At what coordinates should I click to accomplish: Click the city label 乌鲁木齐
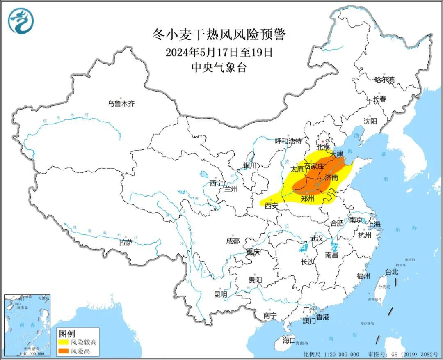point(121,104)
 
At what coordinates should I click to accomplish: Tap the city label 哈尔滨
point(384,80)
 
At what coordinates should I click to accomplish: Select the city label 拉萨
point(126,243)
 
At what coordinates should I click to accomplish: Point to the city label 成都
point(233,241)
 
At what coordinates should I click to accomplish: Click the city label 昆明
point(220,294)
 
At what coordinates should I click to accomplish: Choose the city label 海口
point(289,340)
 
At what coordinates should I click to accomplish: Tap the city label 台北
point(391,272)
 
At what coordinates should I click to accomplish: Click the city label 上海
point(374,224)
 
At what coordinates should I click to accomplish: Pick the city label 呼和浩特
point(288,141)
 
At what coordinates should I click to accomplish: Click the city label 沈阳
point(370,121)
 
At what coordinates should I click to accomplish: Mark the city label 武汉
point(317,238)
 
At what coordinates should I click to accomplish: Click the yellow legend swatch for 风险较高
point(64,342)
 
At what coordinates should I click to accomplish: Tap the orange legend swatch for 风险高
point(64,351)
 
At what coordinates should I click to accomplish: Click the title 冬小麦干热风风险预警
point(219,34)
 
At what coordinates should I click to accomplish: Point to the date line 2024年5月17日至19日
point(219,52)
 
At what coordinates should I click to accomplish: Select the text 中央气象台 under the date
point(219,68)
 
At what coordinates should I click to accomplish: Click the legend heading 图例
point(67,333)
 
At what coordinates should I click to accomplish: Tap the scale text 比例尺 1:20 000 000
point(331,354)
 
